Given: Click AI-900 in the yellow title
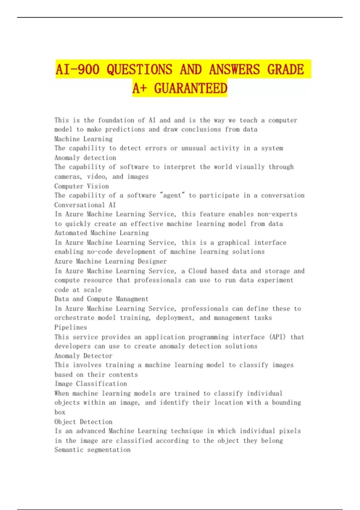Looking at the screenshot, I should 77,69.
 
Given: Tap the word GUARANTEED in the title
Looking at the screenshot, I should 190,88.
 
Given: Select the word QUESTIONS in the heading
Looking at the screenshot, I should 139,69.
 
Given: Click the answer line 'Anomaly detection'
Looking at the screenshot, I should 85,158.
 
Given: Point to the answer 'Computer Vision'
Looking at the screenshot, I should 82,186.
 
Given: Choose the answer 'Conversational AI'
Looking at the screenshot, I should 85,205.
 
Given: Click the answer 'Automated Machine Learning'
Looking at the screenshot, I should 101,233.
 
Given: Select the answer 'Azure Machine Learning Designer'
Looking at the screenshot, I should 110,261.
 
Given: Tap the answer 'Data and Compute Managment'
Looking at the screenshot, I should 101,299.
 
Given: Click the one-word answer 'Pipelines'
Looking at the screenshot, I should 70,327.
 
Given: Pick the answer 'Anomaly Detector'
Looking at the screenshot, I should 83,356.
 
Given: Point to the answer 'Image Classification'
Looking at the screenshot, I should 91,384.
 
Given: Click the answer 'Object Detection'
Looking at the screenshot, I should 83,422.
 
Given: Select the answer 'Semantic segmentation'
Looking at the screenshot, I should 92,450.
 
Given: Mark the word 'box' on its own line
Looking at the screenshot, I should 60,412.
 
